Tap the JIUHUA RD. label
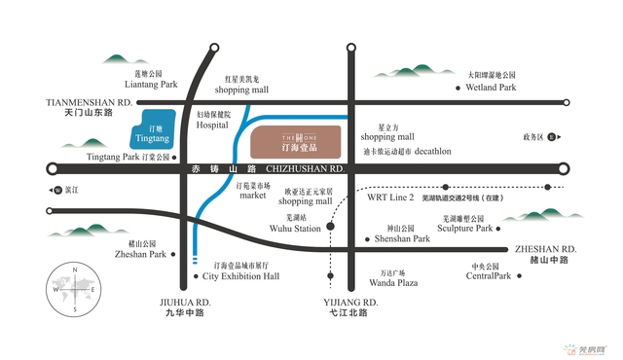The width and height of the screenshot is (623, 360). (186, 302)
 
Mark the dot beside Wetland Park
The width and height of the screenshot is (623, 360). (458, 88)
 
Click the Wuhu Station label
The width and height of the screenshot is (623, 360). (295, 229)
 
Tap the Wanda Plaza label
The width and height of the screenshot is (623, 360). (392, 283)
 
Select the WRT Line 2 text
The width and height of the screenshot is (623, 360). (391, 196)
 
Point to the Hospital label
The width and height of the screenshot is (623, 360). (212, 126)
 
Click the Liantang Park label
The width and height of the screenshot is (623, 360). (150, 85)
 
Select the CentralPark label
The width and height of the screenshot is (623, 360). (488, 276)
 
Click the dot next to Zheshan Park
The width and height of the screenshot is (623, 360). (175, 254)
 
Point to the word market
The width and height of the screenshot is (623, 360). (252, 195)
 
